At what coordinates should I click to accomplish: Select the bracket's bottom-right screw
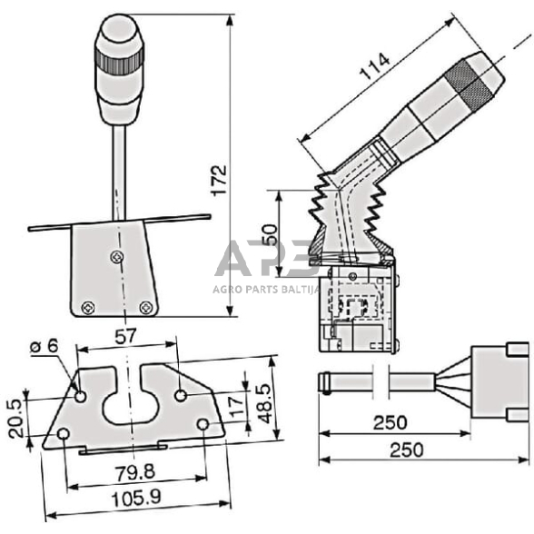[145, 306]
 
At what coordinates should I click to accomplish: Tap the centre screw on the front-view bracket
[115, 257]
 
